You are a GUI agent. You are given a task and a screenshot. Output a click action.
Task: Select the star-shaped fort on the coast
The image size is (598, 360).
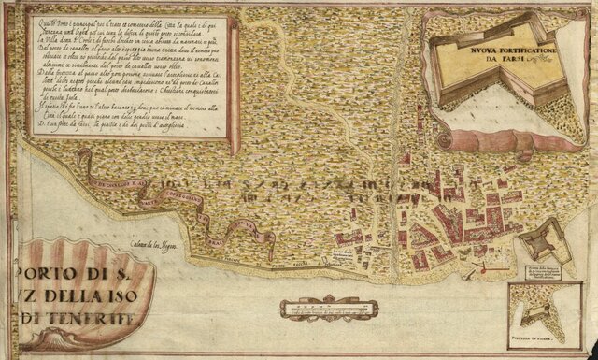click(x=541, y=240)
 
